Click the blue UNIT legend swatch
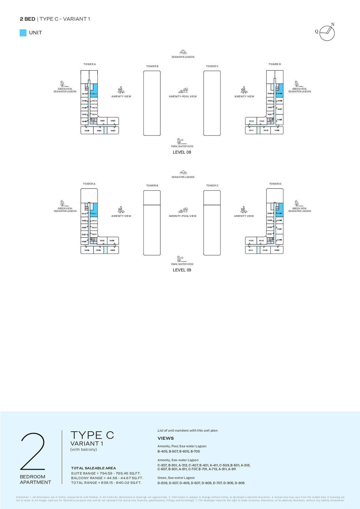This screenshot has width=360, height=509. point(23,33)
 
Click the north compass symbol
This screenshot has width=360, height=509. point(327,33)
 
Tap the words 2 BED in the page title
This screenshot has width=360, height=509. point(27,19)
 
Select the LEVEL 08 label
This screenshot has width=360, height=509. point(182,152)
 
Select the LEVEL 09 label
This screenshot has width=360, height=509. point(182,270)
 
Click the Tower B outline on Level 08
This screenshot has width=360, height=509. point(152,103)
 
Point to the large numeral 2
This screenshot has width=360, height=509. point(33,451)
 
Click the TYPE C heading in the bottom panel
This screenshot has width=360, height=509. point(92,435)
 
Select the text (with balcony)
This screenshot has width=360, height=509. point(83,449)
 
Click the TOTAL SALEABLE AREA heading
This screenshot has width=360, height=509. point(94,468)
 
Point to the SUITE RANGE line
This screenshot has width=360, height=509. point(106,473)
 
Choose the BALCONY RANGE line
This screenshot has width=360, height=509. point(107,478)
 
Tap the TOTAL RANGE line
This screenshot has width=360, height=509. point(106,482)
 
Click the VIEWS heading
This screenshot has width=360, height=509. point(166,438)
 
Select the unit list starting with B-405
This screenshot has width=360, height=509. point(179,451)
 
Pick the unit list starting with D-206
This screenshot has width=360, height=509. point(201,483)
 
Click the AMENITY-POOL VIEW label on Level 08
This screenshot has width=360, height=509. point(183,97)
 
